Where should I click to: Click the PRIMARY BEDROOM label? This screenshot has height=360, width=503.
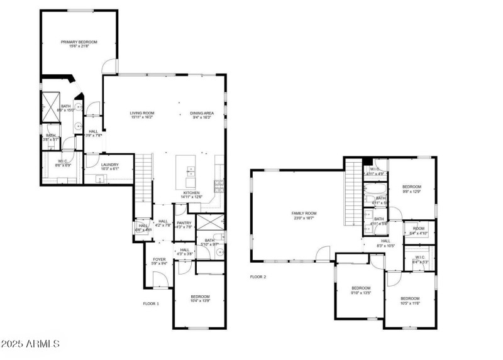point(79,42)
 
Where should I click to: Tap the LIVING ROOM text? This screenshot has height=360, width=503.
point(142,113)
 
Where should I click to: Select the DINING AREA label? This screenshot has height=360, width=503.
point(202,113)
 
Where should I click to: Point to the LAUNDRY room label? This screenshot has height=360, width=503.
point(110,165)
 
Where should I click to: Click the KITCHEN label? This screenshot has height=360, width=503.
point(192,192)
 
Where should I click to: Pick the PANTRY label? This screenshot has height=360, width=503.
point(184,222)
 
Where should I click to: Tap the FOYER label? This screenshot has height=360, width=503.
point(160,259)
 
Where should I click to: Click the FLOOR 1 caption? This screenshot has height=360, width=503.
point(151,303)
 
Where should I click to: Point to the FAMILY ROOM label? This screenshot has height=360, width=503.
point(304,214)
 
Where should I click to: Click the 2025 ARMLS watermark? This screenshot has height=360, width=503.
point(30,344)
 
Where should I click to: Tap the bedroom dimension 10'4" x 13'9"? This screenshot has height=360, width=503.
point(200,302)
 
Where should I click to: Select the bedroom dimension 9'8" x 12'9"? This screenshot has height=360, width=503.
point(411,192)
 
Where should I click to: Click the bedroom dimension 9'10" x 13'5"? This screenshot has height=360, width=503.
point(360,292)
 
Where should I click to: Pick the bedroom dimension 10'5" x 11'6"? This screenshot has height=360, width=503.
point(410,303)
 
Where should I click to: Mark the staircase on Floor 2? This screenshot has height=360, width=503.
point(353,195)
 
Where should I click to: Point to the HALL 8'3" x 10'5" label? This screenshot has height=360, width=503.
point(385,243)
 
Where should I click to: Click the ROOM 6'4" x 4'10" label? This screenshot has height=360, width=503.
point(418,231)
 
